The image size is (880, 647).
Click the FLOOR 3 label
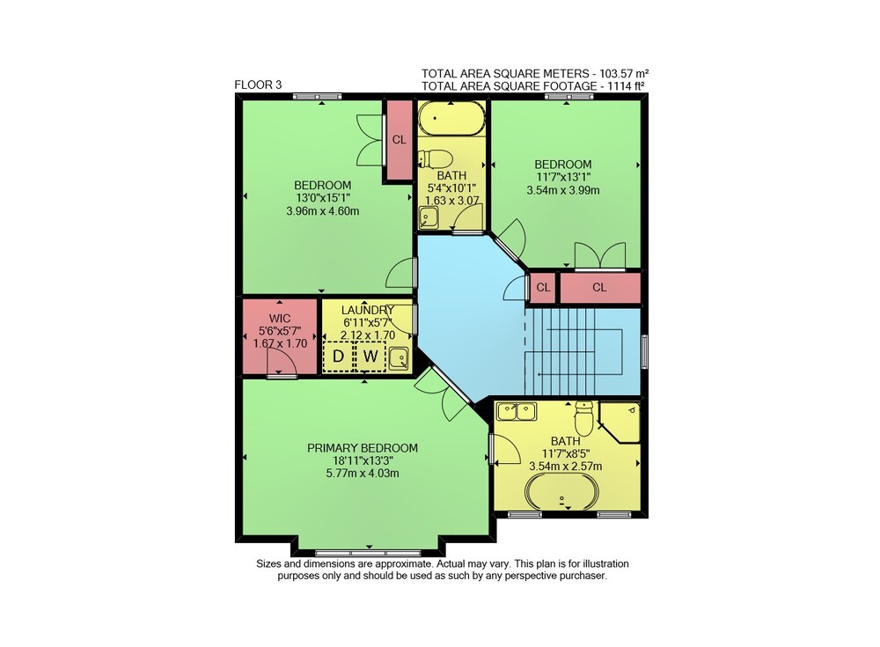258,85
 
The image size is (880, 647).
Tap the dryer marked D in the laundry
339,357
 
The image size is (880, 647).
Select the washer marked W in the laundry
370,357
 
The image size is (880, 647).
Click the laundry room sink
399,357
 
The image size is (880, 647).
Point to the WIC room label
280,319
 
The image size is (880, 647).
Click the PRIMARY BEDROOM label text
363,448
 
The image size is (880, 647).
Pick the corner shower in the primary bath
620,421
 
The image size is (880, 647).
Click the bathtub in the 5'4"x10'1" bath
451,119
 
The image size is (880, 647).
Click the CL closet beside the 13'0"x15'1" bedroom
399,140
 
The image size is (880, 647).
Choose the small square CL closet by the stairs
543,288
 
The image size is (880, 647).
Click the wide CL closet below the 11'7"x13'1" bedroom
600,288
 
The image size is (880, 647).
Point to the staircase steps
574,351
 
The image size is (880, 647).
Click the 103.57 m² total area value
624,74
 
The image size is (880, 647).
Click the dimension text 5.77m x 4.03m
363,473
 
